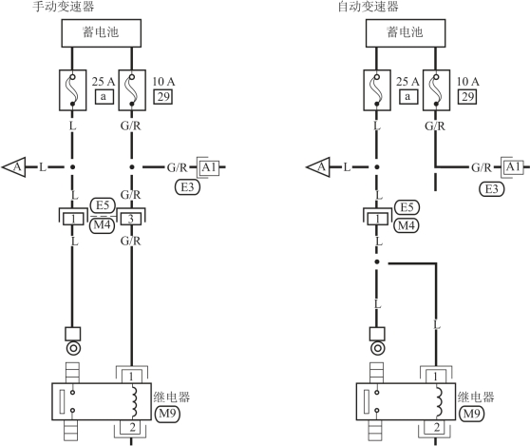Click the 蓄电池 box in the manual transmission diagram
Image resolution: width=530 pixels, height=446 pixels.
coord(101,33)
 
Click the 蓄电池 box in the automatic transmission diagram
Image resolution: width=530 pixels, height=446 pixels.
coord(406,33)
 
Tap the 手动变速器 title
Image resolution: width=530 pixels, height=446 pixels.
coord(64,6)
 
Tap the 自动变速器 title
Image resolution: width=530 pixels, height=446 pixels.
coord(369,6)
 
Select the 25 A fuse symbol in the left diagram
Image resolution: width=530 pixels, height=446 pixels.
coord(73,90)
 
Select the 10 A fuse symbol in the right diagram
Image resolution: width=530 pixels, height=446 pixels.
coord(436,90)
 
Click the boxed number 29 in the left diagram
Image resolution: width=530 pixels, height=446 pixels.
coord(163,97)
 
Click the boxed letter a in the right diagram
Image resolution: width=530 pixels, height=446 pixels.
coord(408,97)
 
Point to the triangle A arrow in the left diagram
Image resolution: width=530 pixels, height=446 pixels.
coord(14,166)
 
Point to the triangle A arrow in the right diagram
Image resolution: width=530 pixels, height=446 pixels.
coord(318,166)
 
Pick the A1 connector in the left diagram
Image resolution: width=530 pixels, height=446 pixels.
coord(209,167)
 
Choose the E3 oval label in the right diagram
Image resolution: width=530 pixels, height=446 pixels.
coord(492,189)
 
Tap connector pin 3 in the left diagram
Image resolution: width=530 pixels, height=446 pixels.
coord(131,220)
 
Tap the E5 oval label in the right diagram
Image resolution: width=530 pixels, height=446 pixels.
coord(407,207)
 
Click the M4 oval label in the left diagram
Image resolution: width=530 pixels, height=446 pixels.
coord(102,225)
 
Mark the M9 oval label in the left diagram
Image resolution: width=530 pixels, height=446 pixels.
coord(167,414)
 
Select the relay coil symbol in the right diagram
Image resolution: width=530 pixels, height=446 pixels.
coord(439,402)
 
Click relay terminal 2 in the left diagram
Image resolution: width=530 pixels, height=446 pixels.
coord(132,427)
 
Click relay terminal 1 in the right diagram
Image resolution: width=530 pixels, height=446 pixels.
coord(436,377)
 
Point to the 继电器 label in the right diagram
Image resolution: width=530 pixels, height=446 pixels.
coord(476,397)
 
